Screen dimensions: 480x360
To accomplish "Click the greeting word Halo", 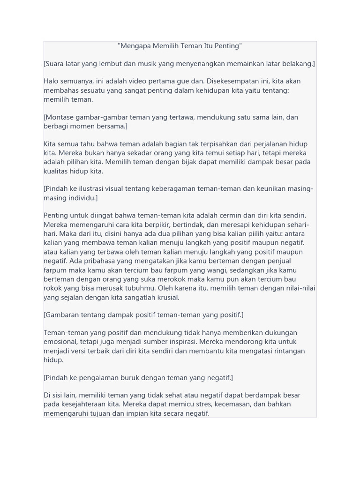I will click(52, 82).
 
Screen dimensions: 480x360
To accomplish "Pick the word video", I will click(142, 82).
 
